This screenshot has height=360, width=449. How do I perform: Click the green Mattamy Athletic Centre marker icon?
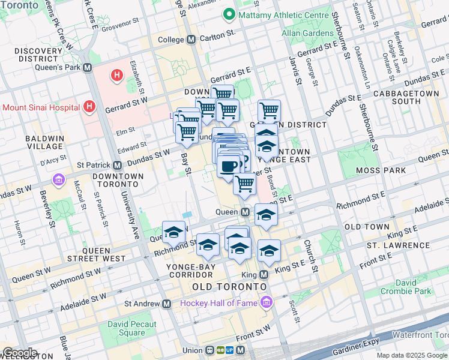228,14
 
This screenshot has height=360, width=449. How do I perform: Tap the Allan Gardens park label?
308,33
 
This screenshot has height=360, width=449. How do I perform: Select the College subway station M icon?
191,40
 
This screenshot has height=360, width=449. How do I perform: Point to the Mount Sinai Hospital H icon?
89,107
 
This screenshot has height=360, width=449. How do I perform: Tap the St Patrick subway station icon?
118,165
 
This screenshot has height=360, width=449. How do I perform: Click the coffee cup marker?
228,166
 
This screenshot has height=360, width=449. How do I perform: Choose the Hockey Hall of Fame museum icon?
265,303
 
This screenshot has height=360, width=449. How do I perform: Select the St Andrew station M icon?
166,304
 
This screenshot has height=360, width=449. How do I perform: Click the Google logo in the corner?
19,353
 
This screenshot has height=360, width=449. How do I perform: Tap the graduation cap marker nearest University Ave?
173,232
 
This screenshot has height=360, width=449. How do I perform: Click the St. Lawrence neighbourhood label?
398,245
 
